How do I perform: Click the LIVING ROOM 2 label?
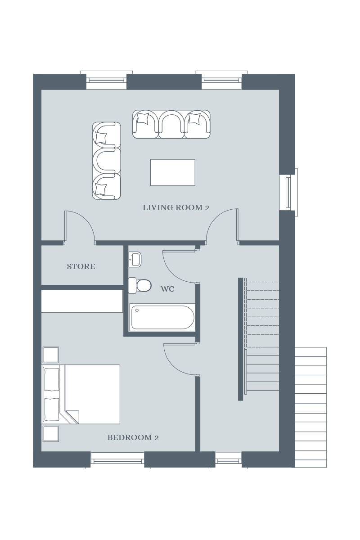pyautogui.click(x=176, y=207)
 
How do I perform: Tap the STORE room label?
pyautogui.click(x=81, y=266)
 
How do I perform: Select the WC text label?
pyautogui.click(x=167, y=289)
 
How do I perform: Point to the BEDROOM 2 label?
pyautogui.click(x=133, y=437)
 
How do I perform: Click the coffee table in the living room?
pyautogui.click(x=172, y=172)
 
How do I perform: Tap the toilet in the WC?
pyautogui.click(x=140, y=285)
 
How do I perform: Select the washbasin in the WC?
pyautogui.click(x=135, y=259)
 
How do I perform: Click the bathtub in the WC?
pyautogui.click(x=162, y=317)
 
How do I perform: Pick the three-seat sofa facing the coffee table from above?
pyautogui.click(x=171, y=124)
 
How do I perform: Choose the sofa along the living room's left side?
pyautogui.click(x=107, y=161)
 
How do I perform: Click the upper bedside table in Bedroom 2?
pyautogui.click(x=51, y=355)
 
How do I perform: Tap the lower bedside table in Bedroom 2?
pyautogui.click(x=51, y=433)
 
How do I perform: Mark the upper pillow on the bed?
pyautogui.click(x=52, y=379)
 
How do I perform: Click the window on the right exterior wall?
pyautogui.click(x=288, y=192)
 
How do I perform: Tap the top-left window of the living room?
pyautogui.click(x=106, y=80)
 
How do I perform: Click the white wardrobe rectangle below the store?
pyautogui.click(x=82, y=301)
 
